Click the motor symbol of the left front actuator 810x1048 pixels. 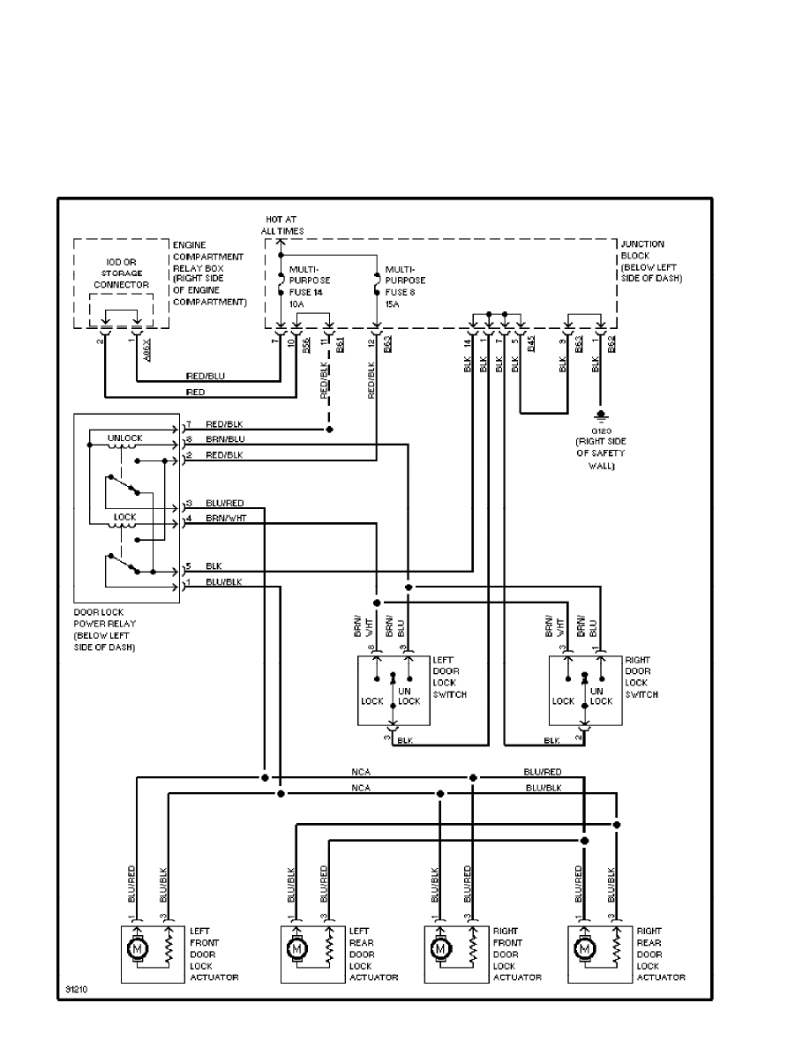pyautogui.click(x=137, y=949)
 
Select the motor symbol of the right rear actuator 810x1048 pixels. pyautogui.click(x=583, y=949)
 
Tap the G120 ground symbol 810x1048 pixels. pyautogui.click(x=601, y=414)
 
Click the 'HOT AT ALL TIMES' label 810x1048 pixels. pyautogui.click(x=281, y=224)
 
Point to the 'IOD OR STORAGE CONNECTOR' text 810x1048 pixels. pyautogui.click(x=123, y=273)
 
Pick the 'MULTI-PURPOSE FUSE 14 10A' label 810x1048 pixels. pyautogui.click(x=308, y=283)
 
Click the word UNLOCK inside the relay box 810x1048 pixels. pyautogui.click(x=124, y=438)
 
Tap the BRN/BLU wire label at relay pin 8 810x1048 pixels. pyautogui.click(x=225, y=439)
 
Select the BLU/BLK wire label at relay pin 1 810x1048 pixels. pyautogui.click(x=224, y=583)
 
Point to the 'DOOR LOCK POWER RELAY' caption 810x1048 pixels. pyautogui.click(x=105, y=629)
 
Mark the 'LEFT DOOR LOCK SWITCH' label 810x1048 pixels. pyautogui.click(x=449, y=677)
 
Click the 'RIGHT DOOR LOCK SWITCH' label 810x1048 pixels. pyautogui.click(x=641, y=677)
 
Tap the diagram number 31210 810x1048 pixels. pyautogui.click(x=77, y=988)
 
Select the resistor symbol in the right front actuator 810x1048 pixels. pyautogui.click(x=473, y=949)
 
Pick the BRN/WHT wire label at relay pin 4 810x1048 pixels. pyautogui.click(x=226, y=519)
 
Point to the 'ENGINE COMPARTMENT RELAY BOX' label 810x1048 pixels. pyautogui.click(x=210, y=273)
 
